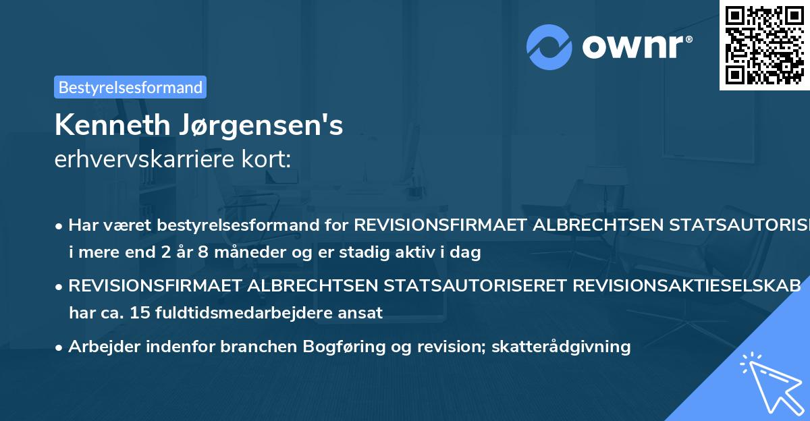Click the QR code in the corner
(764, 45)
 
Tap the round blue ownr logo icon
(549, 47)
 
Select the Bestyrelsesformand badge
(130, 87)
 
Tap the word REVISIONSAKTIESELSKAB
(687, 285)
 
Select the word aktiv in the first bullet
(408, 253)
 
